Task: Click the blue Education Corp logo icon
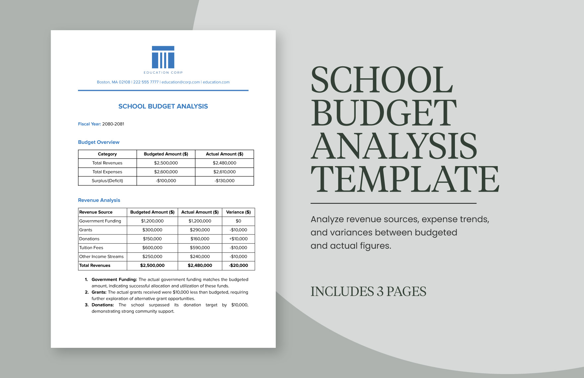pyautogui.click(x=163, y=57)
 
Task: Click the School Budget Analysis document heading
pyautogui.click(x=163, y=106)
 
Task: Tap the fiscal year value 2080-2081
pyautogui.click(x=113, y=124)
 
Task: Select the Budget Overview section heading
pyautogui.click(x=99, y=142)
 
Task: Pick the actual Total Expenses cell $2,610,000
pyautogui.click(x=224, y=172)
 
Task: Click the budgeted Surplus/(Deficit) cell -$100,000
pyautogui.click(x=166, y=181)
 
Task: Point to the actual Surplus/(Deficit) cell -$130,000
pyautogui.click(x=224, y=181)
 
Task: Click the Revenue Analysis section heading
pyautogui.click(x=99, y=200)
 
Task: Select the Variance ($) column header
pyautogui.click(x=238, y=212)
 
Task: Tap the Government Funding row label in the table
pyautogui.click(x=100, y=221)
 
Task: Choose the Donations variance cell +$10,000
pyautogui.click(x=238, y=239)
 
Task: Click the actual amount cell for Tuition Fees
pyautogui.click(x=200, y=248)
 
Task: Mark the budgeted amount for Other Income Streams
pyautogui.click(x=152, y=257)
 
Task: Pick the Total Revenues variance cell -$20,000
pyautogui.click(x=238, y=266)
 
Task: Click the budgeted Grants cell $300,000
pyautogui.click(x=152, y=230)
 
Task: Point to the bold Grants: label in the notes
pyautogui.click(x=99, y=292)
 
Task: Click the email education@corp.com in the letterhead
pyautogui.click(x=181, y=82)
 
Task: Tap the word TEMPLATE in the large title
pyautogui.click(x=405, y=179)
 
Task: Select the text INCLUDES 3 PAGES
pyautogui.click(x=368, y=292)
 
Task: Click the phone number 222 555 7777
pyautogui.click(x=146, y=82)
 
